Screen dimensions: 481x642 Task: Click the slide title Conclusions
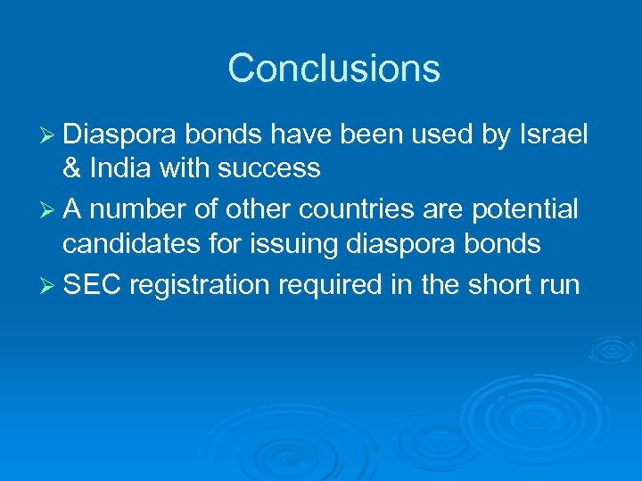pos(333,69)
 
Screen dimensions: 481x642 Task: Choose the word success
pos(271,167)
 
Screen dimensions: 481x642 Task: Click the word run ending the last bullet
pos(559,286)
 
